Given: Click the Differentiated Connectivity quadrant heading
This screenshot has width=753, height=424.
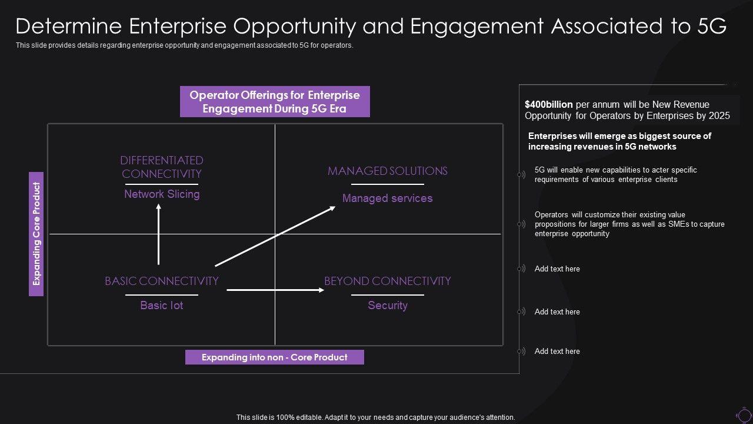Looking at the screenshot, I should [x=162, y=167].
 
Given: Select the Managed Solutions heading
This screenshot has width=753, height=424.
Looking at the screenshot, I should [x=387, y=171].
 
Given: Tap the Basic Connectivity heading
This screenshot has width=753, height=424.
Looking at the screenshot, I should [x=162, y=281].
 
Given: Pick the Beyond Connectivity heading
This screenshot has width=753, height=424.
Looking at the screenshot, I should [x=387, y=281].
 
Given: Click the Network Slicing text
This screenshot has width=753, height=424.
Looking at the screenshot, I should [x=162, y=194].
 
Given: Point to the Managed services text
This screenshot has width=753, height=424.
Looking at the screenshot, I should [x=387, y=198].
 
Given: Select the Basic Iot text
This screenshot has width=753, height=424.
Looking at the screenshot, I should [x=162, y=305].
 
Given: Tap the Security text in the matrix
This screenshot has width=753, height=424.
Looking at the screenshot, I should [x=387, y=305].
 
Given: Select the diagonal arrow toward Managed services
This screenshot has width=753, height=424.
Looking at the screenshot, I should [x=275, y=236].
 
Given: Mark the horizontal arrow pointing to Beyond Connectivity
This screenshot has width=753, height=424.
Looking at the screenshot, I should [x=275, y=290].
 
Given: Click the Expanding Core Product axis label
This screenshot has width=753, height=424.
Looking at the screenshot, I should [x=36, y=234].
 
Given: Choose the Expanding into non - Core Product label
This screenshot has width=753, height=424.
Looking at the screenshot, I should [x=274, y=357].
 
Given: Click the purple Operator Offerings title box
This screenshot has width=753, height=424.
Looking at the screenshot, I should [x=275, y=101].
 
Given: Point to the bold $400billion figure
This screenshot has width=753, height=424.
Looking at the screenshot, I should [x=549, y=104].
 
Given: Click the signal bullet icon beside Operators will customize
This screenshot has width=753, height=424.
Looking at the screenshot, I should [x=521, y=224].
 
